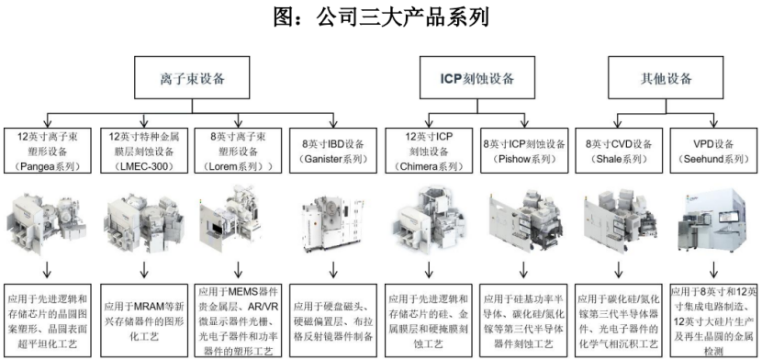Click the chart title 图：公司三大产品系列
coord(380,17)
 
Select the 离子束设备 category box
coord(192,78)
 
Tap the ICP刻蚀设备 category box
coord(476,78)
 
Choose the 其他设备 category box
coord(666,78)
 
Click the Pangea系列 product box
coord(49,151)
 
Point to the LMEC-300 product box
coord(144,151)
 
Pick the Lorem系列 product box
coord(238,151)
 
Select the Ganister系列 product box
coord(333,151)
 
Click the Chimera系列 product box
coord(429,151)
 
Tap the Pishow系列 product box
coord(524,151)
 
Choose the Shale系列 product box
coord(619,151)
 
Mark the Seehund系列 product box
coord(713,151)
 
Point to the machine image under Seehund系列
coord(713,221)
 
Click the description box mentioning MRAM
coord(144,321)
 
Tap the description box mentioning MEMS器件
coord(238,321)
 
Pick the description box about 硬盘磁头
coord(333,321)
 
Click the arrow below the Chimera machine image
coord(429,270)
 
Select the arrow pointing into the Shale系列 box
coord(619,119)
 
